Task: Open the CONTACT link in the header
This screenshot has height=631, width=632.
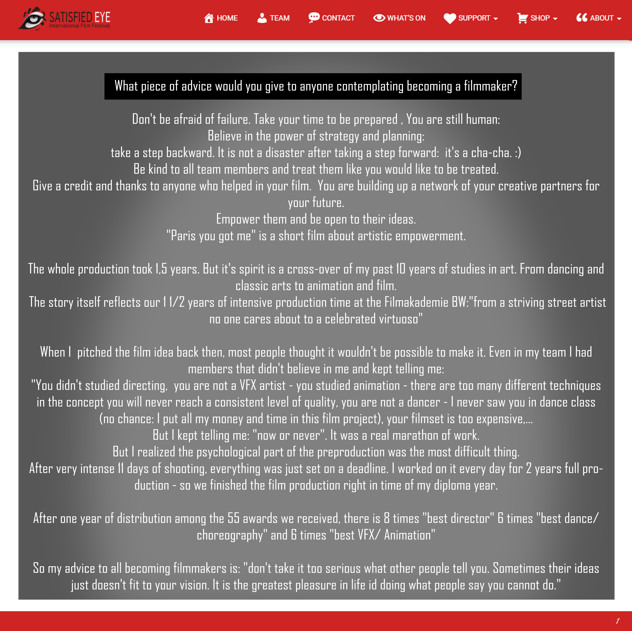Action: pos(331,18)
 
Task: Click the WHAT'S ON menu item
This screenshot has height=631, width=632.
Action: pos(399,18)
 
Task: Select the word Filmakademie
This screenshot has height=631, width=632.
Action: pos(416,302)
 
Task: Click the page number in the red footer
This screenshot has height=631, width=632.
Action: pos(618,621)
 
